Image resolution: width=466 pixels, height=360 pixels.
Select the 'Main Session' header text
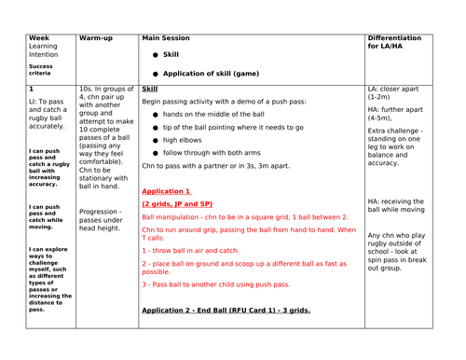168,40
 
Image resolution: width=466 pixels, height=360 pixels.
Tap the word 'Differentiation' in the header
400,40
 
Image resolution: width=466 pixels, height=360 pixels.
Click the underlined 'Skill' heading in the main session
150,89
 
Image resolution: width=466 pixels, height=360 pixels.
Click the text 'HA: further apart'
400,109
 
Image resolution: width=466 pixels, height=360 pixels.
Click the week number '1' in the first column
32,89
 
